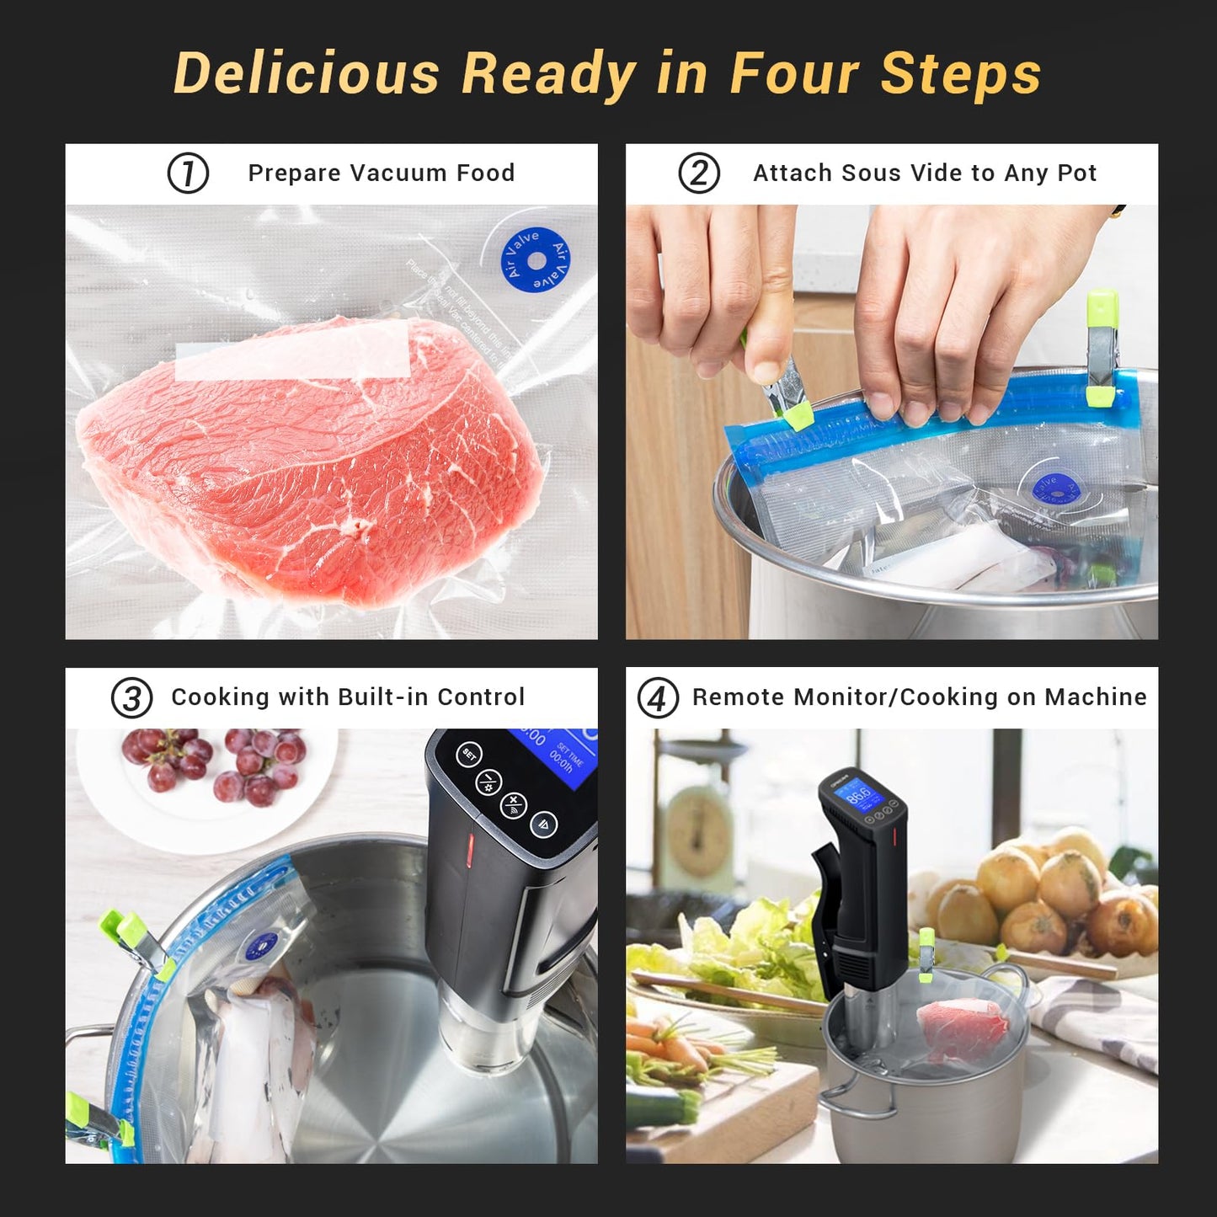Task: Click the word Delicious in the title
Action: (307, 73)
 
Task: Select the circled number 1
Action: (188, 173)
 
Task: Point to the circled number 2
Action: (699, 173)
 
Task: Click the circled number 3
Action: (132, 698)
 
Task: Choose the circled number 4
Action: (658, 698)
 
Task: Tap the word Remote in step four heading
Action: (739, 697)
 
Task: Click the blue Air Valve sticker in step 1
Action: (536, 259)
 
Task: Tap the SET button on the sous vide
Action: (469, 755)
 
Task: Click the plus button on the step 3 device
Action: (514, 804)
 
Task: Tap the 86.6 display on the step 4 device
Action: (859, 795)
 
